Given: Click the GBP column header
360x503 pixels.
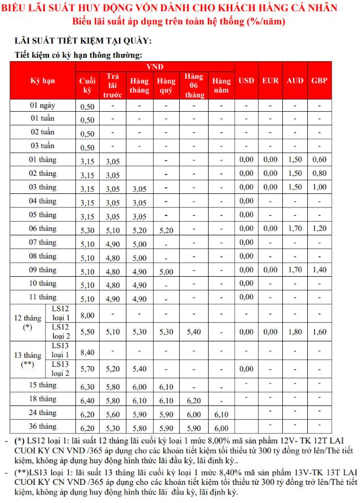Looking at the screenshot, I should click(319, 81).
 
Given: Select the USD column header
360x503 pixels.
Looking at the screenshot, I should click(246, 81).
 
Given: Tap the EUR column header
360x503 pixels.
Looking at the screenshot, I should click(270, 81).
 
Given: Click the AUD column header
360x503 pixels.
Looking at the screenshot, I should click(295, 81).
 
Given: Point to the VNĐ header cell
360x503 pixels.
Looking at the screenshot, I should click(155, 67).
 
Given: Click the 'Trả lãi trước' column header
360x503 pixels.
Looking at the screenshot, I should click(113, 85).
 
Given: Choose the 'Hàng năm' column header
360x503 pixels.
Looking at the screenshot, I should click(222, 85).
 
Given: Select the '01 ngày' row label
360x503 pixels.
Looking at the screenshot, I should click(43, 105).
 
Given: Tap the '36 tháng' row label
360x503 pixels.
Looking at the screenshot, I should click(43, 426).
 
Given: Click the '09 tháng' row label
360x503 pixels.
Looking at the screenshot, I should click(43, 270).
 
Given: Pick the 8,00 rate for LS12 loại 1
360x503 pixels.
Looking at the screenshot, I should click(87, 315).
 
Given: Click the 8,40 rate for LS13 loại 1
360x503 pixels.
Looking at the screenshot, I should click(87, 352).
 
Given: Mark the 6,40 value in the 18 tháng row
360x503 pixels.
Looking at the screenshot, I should click(87, 400).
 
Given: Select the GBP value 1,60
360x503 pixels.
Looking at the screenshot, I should click(319, 332).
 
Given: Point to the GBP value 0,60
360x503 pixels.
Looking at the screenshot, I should click(319, 160).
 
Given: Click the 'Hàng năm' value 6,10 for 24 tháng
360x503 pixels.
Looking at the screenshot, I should click(222, 414).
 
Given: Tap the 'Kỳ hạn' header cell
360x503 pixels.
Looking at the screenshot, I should click(43, 81).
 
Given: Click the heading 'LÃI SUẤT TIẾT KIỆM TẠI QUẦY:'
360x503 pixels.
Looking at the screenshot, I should click(83, 42).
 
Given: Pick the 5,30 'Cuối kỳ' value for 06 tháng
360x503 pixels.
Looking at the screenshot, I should click(87, 229).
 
